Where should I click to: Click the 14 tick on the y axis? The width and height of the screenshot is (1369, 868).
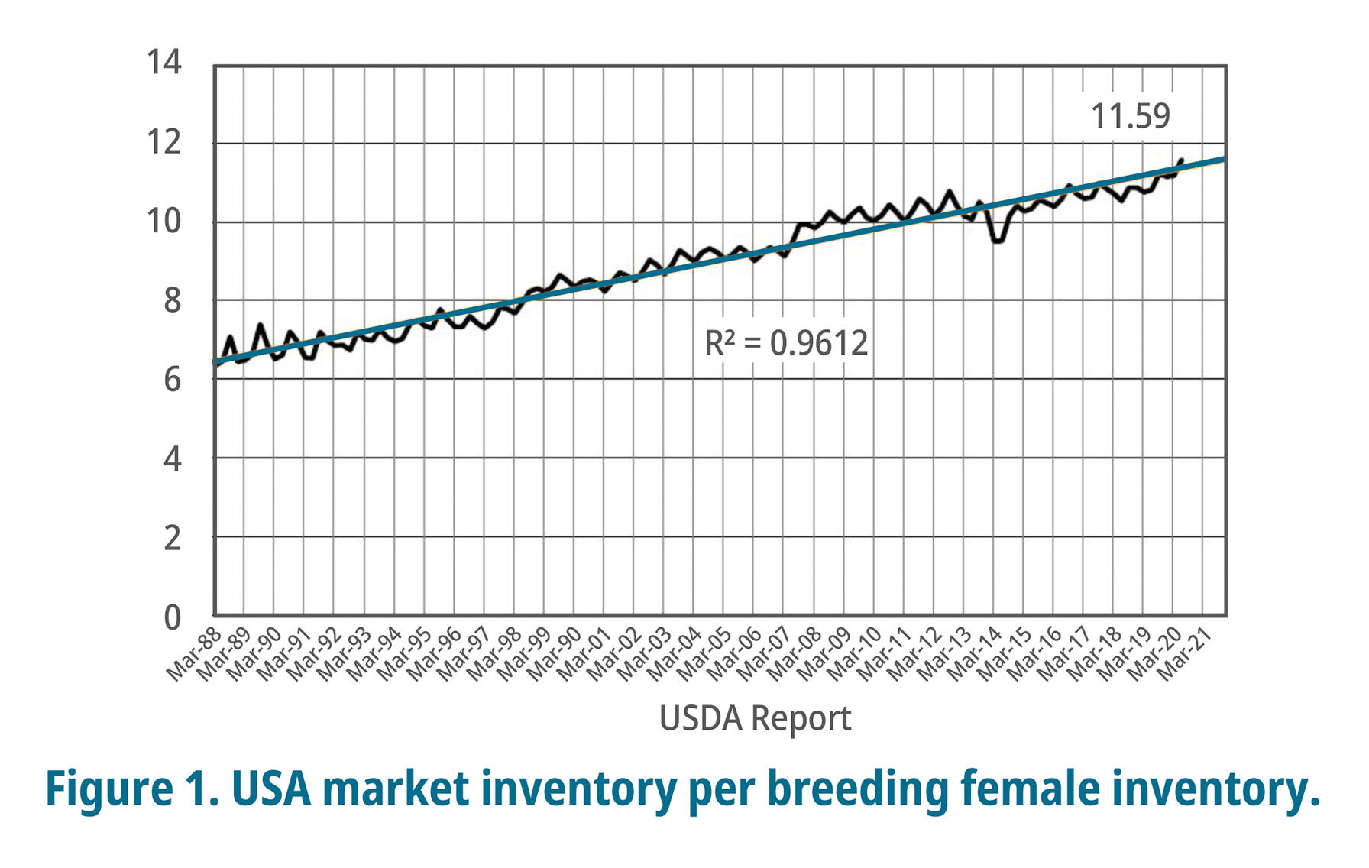coord(164,63)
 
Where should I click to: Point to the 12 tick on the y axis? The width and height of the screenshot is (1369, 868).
coord(164,142)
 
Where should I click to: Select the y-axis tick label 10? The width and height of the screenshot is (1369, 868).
coord(164,222)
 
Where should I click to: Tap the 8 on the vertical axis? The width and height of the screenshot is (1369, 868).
coord(173,301)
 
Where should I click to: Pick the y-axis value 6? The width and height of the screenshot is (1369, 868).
coord(173,380)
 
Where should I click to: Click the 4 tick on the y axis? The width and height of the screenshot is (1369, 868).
coord(173,459)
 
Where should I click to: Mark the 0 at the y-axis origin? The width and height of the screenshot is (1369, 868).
coord(173,617)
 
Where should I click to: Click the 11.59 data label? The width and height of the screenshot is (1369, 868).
coord(1130,116)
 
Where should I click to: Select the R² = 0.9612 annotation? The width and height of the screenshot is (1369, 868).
coord(786,343)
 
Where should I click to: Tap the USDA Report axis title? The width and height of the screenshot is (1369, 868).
coord(755,718)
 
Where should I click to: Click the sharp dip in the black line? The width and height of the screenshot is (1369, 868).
coord(998,240)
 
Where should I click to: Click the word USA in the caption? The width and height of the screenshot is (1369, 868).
coord(271,789)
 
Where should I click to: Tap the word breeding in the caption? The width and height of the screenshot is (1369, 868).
coord(858,789)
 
